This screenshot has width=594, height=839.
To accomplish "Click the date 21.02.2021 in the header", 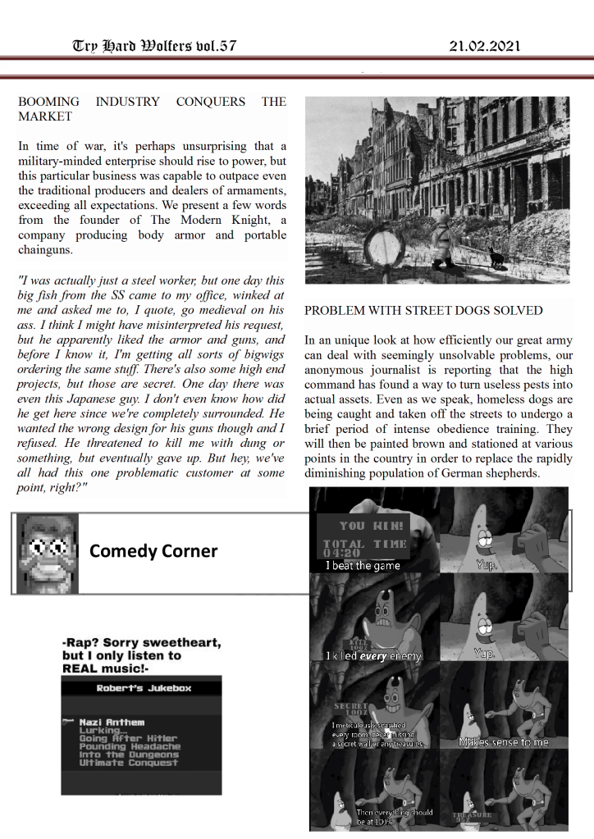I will pos(484,46).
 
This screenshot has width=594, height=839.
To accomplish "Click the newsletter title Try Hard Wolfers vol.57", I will pos(154,46).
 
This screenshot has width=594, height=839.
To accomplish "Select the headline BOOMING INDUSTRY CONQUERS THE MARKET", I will pos(152,109).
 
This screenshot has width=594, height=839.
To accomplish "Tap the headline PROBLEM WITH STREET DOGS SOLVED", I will pos(423,311).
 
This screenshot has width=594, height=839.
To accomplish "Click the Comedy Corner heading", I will pos(153,550).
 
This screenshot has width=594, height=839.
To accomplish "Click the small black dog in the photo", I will pos(496,256).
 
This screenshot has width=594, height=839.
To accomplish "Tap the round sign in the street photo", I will pos(382,244).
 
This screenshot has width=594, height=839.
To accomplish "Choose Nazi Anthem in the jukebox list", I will pos(112,722).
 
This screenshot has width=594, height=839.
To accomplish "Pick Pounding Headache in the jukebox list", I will pos(130,746).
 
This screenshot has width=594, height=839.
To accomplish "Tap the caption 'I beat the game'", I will pos(363,565).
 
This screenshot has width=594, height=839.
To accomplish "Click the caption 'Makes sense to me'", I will pos(504,742).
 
